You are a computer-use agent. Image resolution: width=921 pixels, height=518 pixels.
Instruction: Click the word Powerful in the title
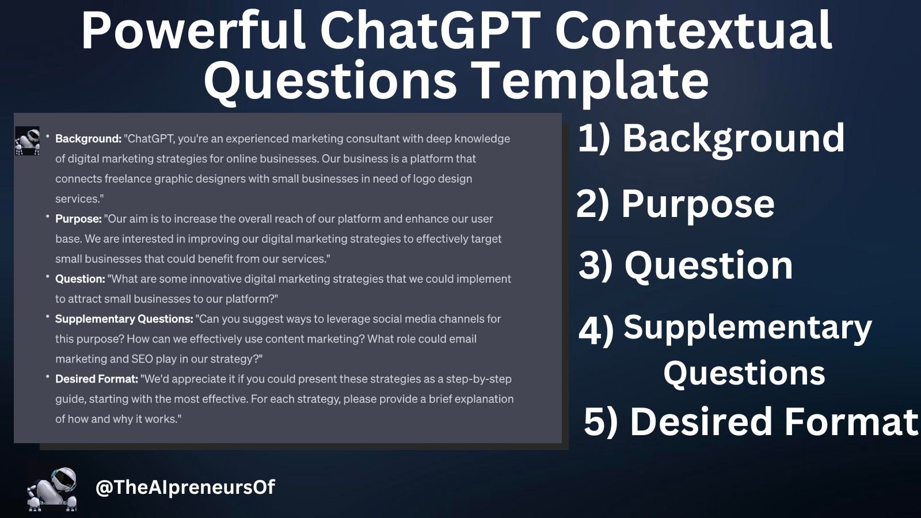coord(193,32)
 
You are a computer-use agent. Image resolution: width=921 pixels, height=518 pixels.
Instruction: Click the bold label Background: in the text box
coord(88,139)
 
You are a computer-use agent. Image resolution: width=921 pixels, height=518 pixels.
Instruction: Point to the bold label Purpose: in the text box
coord(78,219)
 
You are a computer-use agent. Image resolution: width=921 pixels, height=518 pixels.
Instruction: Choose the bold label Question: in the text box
coord(80,279)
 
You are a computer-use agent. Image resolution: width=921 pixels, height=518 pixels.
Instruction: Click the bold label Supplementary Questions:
coord(124,319)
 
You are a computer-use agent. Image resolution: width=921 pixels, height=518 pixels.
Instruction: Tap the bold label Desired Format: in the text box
coord(97,379)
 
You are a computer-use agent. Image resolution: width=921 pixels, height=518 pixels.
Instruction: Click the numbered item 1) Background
coord(711,138)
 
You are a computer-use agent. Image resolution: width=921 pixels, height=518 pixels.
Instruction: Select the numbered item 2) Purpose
coord(675,204)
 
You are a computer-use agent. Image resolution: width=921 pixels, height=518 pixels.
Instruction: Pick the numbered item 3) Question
coord(685,265)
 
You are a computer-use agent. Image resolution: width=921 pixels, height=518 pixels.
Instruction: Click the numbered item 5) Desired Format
coord(751,421)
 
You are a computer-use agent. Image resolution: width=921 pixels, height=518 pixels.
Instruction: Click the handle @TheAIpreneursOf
coord(185,487)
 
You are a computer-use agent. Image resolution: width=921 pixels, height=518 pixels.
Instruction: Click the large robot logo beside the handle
coord(52,489)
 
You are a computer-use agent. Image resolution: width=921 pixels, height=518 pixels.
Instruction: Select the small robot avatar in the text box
coord(27,141)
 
